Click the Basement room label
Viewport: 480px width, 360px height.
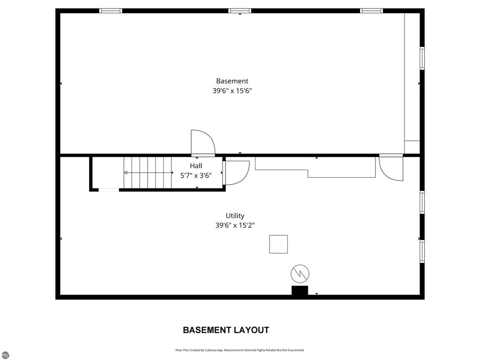tap(232, 81)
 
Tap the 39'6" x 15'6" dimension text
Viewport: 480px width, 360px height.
tap(232, 91)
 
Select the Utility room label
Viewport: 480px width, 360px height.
tap(235, 216)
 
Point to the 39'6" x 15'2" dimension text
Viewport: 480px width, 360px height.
tap(235, 225)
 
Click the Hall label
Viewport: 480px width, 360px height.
tap(196, 166)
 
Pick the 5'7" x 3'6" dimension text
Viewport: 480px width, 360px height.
tap(196, 176)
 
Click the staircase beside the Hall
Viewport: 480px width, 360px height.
tap(147, 172)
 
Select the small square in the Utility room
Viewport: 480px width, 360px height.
tap(278, 244)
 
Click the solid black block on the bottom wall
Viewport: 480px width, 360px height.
tap(300, 291)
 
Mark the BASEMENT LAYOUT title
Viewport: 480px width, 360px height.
tap(226, 330)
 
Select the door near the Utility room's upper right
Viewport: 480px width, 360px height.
tap(391, 168)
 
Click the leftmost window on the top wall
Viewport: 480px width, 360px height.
tap(111, 10)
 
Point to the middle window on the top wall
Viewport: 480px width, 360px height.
tap(240, 10)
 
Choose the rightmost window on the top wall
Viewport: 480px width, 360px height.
tap(371, 10)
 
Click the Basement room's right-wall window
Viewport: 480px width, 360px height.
tap(422, 58)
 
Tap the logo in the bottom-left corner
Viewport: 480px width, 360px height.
tap(4, 355)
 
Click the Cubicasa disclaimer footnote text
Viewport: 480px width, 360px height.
tap(240, 350)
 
